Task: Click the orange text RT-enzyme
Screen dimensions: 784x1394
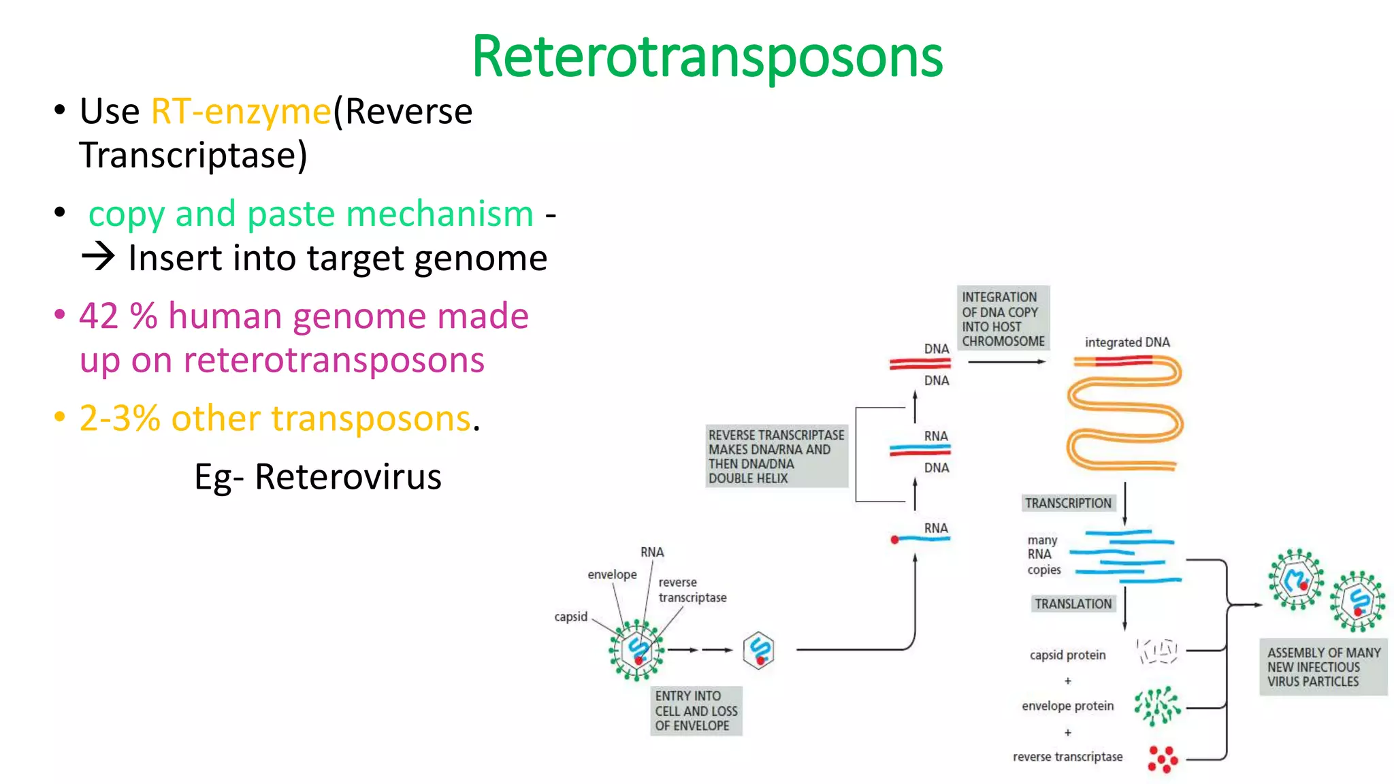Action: coord(240,112)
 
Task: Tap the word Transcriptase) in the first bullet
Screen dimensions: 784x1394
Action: coord(193,156)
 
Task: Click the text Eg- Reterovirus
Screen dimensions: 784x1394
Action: coord(318,477)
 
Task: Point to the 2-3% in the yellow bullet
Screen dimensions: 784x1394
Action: coord(120,419)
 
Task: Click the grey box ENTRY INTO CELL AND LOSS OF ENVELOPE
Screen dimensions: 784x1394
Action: coord(696,710)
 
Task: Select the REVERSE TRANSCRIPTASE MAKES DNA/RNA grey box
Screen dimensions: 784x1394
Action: coord(776,456)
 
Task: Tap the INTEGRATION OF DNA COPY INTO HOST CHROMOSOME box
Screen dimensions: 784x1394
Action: coord(1003,318)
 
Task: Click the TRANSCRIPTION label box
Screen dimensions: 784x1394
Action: coord(1068,503)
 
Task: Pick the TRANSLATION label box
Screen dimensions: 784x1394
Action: coord(1073,604)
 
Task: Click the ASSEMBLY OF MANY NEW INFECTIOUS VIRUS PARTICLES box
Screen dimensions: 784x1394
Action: coord(1323,667)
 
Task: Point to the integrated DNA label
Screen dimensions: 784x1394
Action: coord(1126,342)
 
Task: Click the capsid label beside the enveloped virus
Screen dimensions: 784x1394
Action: coord(570,617)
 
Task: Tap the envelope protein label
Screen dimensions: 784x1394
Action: coord(1067,706)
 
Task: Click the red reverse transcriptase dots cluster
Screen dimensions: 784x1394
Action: coord(1163,758)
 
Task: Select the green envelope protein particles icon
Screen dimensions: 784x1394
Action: coord(1156,706)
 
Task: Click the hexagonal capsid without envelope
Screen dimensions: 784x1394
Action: coord(759,651)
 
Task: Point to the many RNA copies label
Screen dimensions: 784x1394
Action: coord(1043,555)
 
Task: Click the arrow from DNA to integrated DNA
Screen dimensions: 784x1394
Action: coord(1006,362)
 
